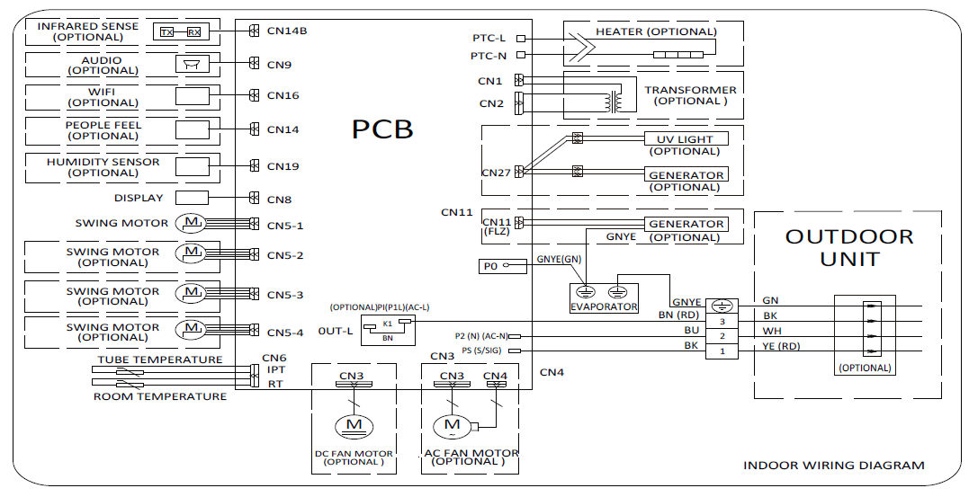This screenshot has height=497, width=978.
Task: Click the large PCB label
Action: (382, 129)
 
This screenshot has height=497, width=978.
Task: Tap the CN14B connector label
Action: (287, 31)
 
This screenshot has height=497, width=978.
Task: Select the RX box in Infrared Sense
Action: (193, 32)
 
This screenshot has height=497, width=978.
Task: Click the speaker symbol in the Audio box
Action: (191, 64)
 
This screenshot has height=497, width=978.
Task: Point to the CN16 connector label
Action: (283, 95)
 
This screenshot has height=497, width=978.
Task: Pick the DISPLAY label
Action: (139, 198)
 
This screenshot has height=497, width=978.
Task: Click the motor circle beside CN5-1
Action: (191, 222)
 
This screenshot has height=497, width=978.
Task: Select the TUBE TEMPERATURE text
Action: (159, 359)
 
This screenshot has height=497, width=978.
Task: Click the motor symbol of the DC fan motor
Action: (354, 423)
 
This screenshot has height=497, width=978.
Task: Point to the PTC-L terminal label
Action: (489, 39)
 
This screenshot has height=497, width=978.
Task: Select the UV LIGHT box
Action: (685, 139)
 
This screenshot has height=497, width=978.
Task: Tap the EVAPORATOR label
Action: (604, 306)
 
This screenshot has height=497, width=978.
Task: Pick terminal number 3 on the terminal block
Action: (722, 321)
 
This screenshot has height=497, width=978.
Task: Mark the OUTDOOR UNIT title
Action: (848, 248)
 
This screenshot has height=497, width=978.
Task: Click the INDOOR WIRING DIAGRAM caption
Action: (833, 466)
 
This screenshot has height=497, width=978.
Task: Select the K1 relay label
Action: (388, 322)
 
